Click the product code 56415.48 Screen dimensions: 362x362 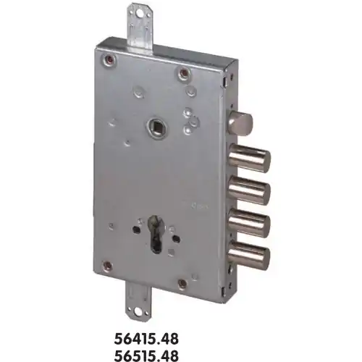pos(146,339)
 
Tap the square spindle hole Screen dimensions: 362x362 pos(156,126)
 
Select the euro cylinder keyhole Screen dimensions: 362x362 pos(156,234)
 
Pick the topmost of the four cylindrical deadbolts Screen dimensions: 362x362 pos(250,158)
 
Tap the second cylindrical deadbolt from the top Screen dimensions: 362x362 pos(249,190)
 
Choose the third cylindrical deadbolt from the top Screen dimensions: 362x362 pos(249,222)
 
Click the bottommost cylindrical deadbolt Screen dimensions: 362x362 pos(249,253)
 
